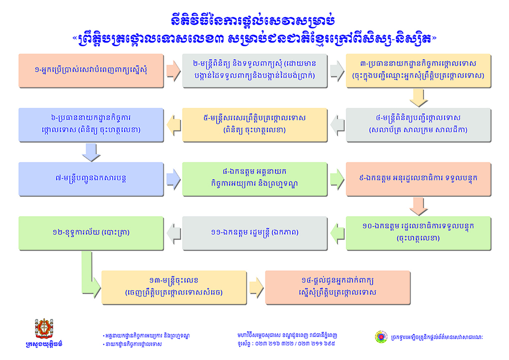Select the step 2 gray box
click(254, 70)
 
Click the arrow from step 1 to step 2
click(173, 70)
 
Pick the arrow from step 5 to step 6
click(173, 124)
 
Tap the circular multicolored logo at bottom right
click(380, 337)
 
